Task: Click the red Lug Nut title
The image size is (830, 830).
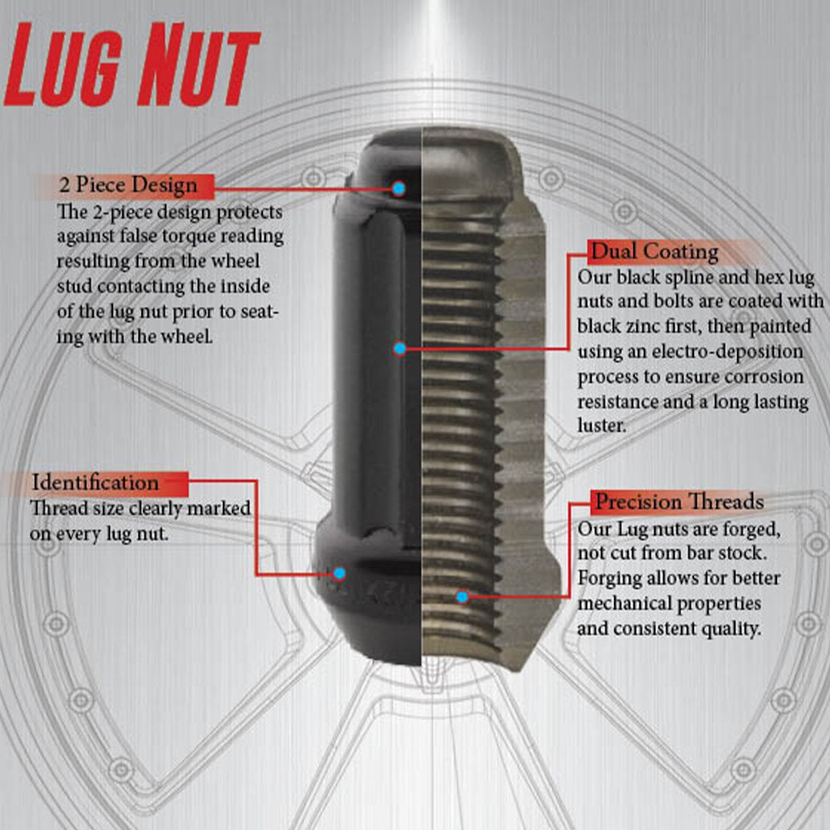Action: [132, 66]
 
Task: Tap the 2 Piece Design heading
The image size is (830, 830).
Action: [128, 185]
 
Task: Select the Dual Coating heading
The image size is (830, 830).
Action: [653, 252]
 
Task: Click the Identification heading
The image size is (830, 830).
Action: [95, 483]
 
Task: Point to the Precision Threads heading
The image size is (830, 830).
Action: [679, 503]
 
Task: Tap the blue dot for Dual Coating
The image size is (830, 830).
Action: [400, 349]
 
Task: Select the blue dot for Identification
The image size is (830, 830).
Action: [339, 573]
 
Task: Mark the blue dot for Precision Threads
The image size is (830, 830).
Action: [462, 596]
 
